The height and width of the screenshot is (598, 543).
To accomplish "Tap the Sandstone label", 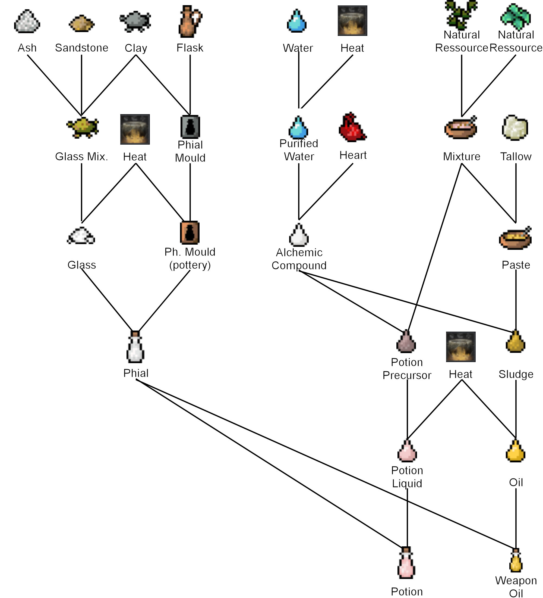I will pyautogui.click(x=81, y=48).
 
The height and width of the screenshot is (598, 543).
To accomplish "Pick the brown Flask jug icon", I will pyautogui.click(x=190, y=21).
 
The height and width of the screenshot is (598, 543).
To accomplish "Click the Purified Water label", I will pyautogui.click(x=299, y=150).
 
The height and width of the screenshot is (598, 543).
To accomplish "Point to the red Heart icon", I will pyautogui.click(x=352, y=127).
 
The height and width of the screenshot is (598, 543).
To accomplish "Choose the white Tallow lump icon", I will pyautogui.click(x=515, y=127).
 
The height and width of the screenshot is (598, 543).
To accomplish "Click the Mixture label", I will pyautogui.click(x=461, y=156).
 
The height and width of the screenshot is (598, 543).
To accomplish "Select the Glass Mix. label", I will pyautogui.click(x=81, y=156).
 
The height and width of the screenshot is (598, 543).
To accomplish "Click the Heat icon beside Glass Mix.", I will pyautogui.click(x=135, y=129).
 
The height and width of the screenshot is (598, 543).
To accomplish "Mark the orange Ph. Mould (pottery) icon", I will pyautogui.click(x=190, y=233).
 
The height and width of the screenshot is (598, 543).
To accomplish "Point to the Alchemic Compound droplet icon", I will pyautogui.click(x=299, y=235).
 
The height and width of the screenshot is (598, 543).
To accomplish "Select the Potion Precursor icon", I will pyautogui.click(x=406, y=342).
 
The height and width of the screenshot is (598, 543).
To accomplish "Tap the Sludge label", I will pyautogui.click(x=516, y=374).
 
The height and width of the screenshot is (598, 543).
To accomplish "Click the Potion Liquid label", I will pyautogui.click(x=407, y=477).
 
